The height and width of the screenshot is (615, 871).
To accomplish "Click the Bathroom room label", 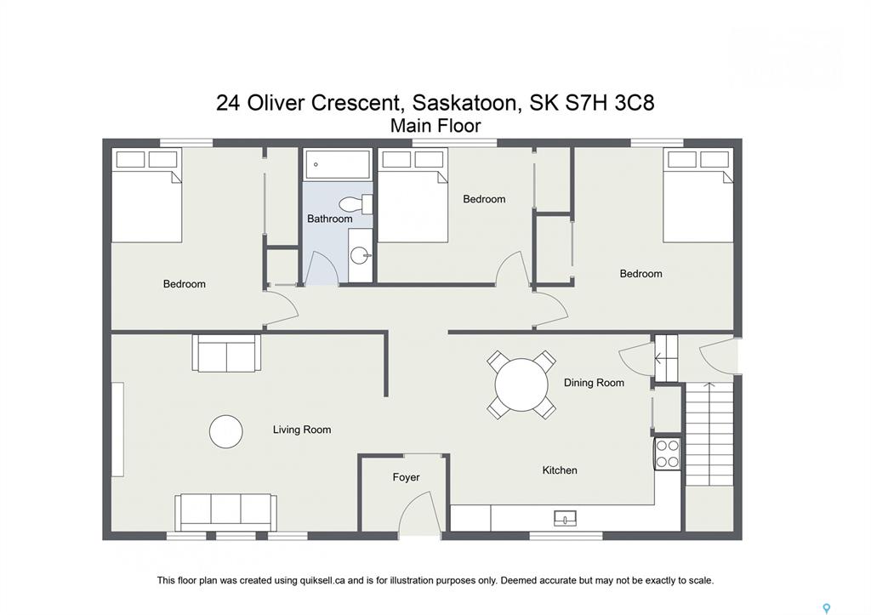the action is click(329, 219).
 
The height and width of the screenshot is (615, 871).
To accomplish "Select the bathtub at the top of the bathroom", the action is click(338, 164).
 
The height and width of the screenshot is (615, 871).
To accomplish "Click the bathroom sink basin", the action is click(360, 256).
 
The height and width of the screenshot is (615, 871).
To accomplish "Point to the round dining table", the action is click(521, 384).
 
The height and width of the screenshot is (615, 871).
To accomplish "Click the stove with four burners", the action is click(667, 454).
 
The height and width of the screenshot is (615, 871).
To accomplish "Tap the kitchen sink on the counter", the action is click(565, 518).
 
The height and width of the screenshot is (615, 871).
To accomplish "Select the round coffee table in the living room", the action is click(226, 431).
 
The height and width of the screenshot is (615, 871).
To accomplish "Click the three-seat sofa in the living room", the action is click(225, 513).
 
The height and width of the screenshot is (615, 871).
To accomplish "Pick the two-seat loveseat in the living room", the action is click(226, 353).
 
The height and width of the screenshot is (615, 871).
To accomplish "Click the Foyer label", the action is click(406, 477).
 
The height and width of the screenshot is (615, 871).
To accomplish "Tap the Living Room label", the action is click(302, 430).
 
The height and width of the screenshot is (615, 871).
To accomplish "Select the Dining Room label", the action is click(594, 383).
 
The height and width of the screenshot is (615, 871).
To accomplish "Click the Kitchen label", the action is click(560, 470).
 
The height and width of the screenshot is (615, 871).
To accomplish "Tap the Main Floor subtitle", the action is click(435, 126).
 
